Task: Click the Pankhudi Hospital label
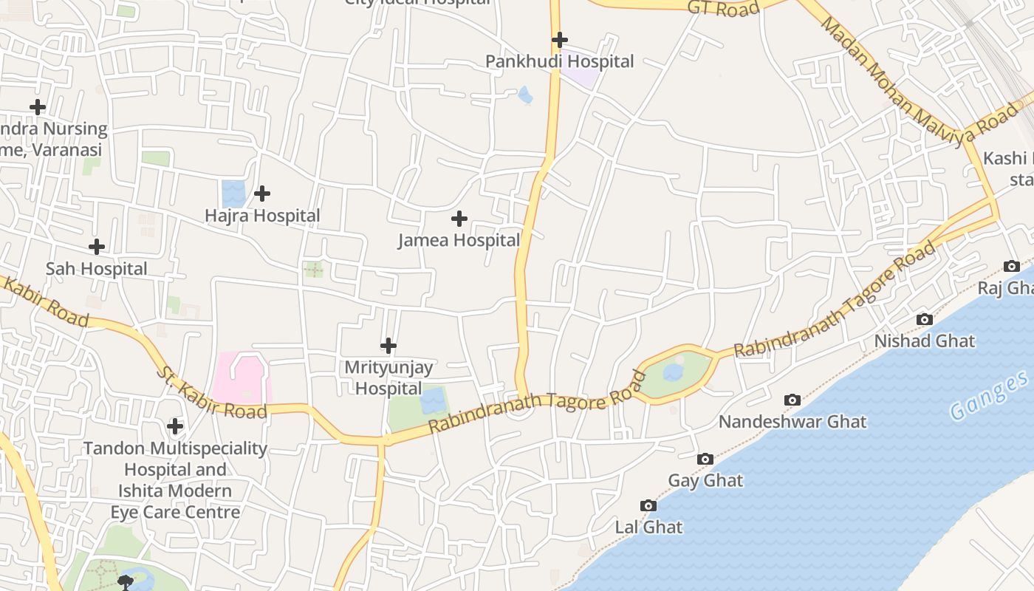click(559, 61)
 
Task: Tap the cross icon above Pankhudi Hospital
click(560, 39)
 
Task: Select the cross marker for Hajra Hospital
click(261, 194)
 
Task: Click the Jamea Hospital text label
click(459, 240)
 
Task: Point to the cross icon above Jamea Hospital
click(459, 218)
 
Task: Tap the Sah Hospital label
click(97, 269)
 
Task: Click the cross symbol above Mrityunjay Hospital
click(388, 345)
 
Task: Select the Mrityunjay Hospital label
click(388, 378)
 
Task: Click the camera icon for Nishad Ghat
click(924, 319)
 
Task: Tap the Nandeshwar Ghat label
click(792, 422)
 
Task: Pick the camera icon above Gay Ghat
click(705, 459)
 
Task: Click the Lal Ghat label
click(649, 527)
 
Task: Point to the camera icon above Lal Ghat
click(648, 505)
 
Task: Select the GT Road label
click(723, 8)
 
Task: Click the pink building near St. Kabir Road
click(241, 378)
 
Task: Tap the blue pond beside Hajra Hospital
click(233, 194)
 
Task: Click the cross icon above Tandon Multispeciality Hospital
click(175, 426)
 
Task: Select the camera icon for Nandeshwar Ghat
click(792, 400)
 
